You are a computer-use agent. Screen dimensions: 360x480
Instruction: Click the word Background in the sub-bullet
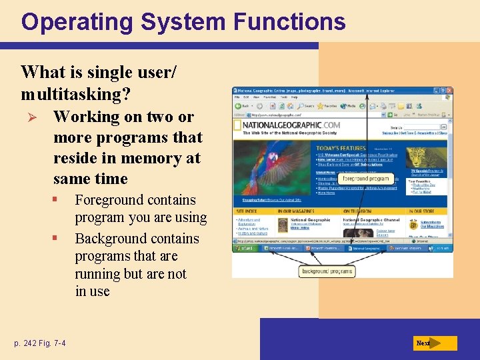[111, 239]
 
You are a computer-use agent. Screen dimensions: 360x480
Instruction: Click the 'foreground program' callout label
[365, 179]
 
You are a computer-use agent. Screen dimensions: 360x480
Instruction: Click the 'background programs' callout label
[328, 271]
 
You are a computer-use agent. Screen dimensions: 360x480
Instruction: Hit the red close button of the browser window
[449, 91]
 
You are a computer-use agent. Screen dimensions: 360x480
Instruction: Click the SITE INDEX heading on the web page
[247, 211]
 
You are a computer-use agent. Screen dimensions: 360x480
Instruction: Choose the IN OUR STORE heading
[421, 211]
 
